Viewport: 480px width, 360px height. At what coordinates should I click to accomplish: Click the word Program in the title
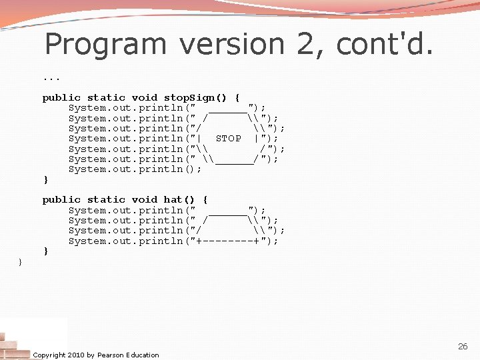point(105,45)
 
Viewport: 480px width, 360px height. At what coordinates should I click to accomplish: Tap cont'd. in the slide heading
point(385,45)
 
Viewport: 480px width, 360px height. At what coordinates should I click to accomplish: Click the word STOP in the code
point(229,139)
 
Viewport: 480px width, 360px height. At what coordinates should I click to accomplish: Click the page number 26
point(463,347)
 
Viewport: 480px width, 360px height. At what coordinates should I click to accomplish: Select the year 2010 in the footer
point(76,355)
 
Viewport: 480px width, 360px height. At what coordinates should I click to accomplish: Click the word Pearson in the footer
point(112,355)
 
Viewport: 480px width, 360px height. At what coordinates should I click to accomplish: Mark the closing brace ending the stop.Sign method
point(45,180)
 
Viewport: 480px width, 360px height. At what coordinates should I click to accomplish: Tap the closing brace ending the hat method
point(45,251)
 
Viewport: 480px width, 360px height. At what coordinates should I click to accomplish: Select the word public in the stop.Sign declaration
point(61,97)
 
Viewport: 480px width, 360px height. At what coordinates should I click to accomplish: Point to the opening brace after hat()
point(205,199)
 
